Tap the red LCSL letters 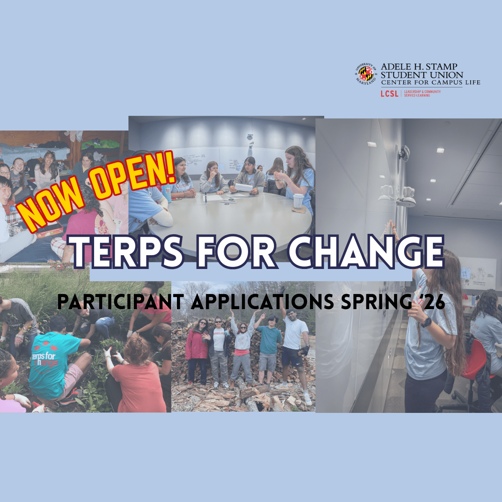pyautogui.click(x=389, y=94)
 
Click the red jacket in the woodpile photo pyautogui.click(x=197, y=345)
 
